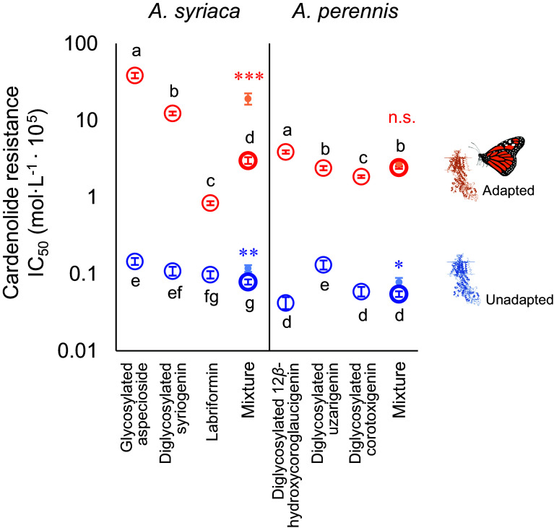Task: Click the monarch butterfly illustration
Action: (x=498, y=156)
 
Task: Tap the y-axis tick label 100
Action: (x=81, y=44)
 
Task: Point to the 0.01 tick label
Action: (x=77, y=350)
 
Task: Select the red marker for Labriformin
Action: (x=211, y=203)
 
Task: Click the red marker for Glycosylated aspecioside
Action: (x=135, y=75)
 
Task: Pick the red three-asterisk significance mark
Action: (x=249, y=77)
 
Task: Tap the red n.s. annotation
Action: (x=402, y=118)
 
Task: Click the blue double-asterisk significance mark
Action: (x=248, y=253)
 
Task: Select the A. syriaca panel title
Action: (x=194, y=12)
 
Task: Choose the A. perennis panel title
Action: (x=345, y=12)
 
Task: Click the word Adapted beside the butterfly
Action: (x=508, y=191)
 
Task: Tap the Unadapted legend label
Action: (x=519, y=300)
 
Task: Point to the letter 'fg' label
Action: (x=212, y=297)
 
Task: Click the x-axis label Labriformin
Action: (x=212, y=402)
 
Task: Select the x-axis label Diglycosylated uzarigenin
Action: (x=324, y=412)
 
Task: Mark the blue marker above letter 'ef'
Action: (x=173, y=271)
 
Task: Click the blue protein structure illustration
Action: (x=463, y=280)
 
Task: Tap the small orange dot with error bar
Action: (x=248, y=99)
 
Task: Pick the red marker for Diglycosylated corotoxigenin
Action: (x=361, y=176)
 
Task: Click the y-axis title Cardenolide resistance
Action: (x=12, y=193)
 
